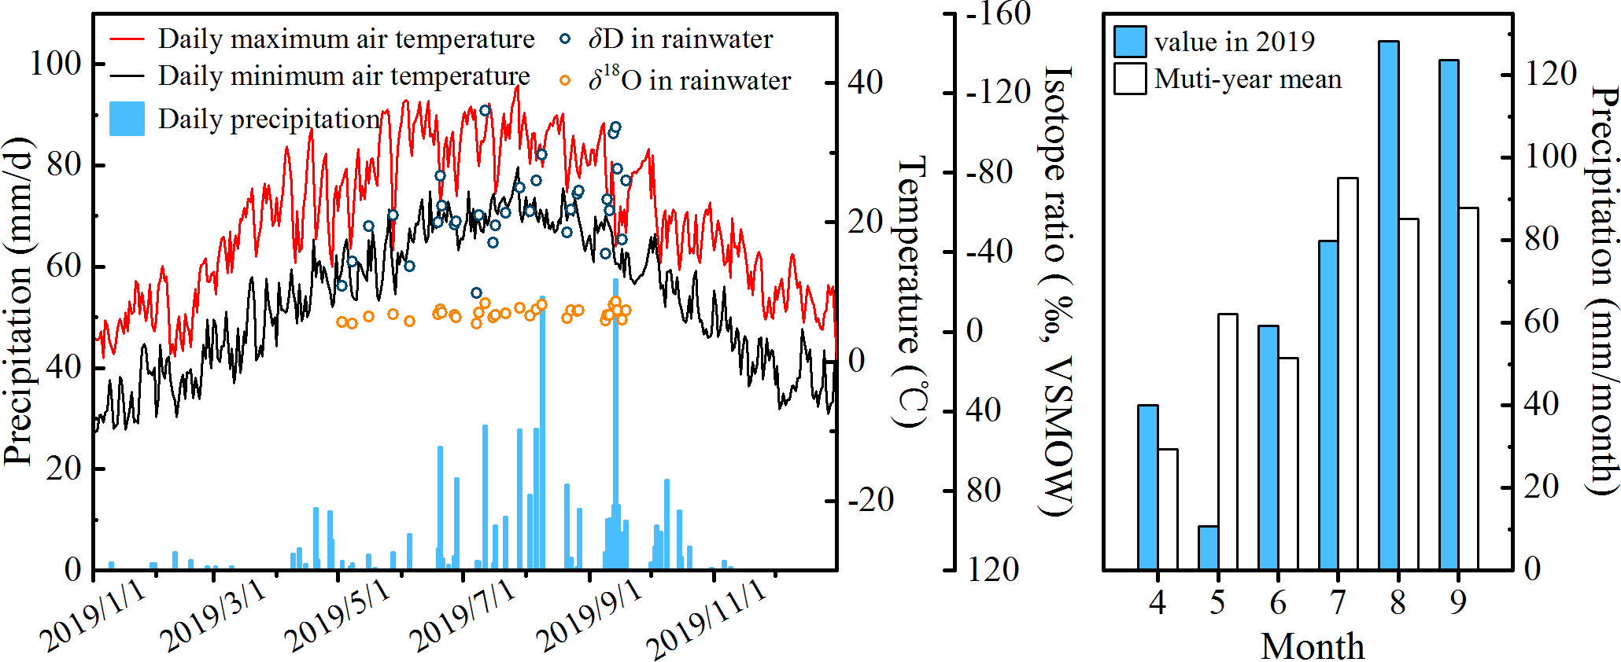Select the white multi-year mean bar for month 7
click(1348, 373)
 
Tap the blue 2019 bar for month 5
click(1208, 547)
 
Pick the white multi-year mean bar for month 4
click(1168, 509)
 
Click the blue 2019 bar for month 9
click(1449, 314)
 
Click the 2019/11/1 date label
click(706, 621)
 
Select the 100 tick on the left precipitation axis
click(56, 64)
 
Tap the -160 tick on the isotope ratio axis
click(998, 14)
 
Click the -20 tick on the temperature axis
click(870, 500)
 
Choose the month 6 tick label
click(1278, 603)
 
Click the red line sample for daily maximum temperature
click(127, 39)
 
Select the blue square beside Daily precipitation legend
click(127, 119)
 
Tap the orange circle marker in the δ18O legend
click(565, 80)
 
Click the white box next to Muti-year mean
click(1130, 79)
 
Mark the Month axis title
click(1313, 646)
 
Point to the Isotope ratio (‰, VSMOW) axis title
click(1058, 291)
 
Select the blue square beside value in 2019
click(1130, 41)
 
